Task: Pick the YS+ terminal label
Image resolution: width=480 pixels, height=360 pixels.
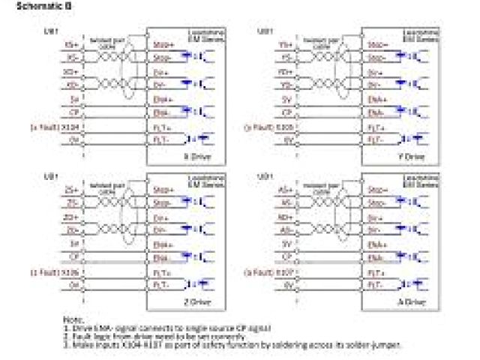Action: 286,45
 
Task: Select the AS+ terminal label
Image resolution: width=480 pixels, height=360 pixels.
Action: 286,191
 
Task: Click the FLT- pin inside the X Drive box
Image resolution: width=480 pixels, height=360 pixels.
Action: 161,139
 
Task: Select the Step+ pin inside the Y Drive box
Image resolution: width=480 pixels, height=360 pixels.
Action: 377,45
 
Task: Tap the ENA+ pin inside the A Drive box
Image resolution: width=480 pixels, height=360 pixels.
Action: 377,245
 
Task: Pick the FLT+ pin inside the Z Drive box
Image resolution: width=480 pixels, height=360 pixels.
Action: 161,272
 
